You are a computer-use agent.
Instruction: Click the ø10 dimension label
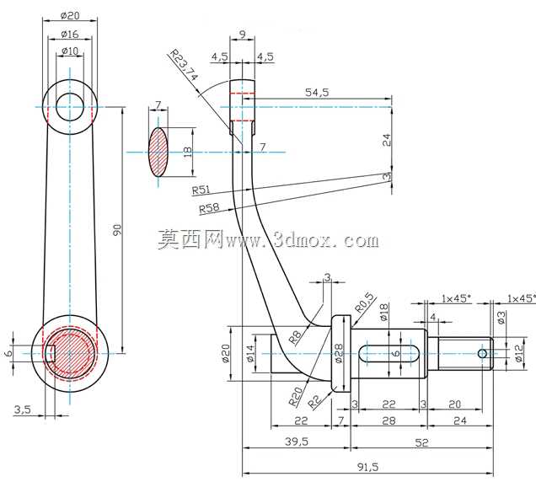(x=70, y=51)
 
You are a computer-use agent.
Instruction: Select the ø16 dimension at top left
(x=70, y=35)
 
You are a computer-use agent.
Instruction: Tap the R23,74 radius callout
(x=184, y=65)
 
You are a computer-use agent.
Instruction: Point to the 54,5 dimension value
(x=317, y=93)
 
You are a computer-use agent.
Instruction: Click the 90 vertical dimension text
(x=117, y=230)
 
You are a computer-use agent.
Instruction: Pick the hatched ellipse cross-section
(x=158, y=153)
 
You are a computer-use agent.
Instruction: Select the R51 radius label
(x=201, y=190)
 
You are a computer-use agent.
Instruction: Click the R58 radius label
(x=209, y=208)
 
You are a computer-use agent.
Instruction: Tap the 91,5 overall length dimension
(x=367, y=468)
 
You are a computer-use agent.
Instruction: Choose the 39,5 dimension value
(x=297, y=442)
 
